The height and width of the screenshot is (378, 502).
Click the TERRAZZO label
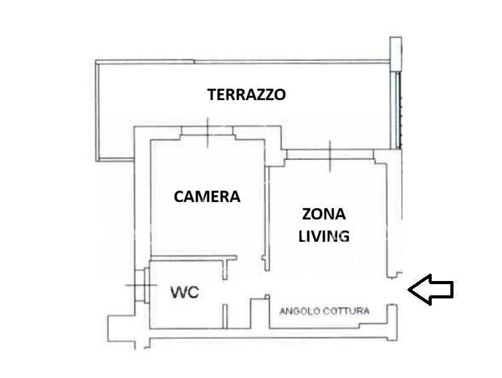(x=246, y=95)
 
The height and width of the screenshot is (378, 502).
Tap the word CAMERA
(x=207, y=197)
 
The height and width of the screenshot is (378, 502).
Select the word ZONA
(x=323, y=214)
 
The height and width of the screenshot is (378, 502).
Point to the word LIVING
(x=323, y=236)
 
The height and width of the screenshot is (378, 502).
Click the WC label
(x=185, y=292)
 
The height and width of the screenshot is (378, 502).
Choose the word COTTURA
(x=346, y=311)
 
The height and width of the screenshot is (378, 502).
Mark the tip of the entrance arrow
(x=409, y=289)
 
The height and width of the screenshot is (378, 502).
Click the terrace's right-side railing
(x=396, y=106)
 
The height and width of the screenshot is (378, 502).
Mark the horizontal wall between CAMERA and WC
(x=187, y=257)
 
